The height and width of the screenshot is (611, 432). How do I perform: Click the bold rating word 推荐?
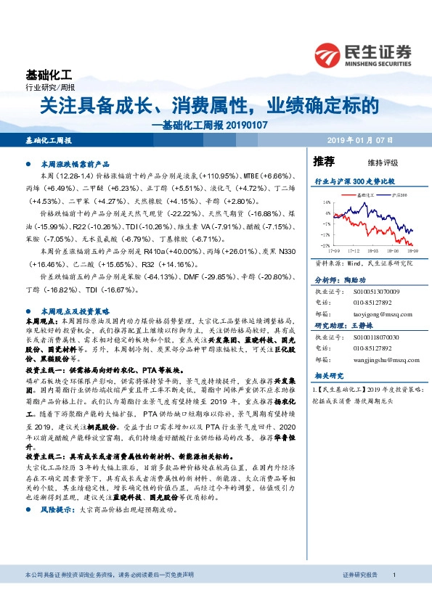point(324,161)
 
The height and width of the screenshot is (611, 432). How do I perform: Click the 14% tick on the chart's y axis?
point(328,203)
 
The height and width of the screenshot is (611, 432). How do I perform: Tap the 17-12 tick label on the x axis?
point(355,249)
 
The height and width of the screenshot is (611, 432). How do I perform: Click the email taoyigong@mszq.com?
point(370,315)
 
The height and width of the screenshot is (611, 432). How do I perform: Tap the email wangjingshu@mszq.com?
point(372,359)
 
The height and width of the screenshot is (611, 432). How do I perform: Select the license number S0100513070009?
point(373,292)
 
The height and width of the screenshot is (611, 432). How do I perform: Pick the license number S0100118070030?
point(373,337)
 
